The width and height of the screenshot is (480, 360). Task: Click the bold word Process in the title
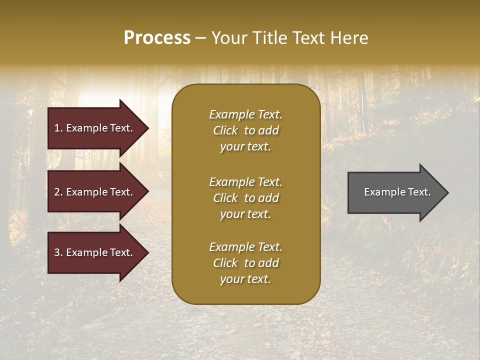pos(157,38)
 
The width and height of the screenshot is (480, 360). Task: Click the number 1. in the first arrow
pos(58,128)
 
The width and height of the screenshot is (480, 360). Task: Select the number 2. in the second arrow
pos(58,192)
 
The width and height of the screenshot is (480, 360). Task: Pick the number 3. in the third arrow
pos(58,253)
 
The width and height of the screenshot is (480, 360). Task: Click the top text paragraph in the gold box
pos(245,130)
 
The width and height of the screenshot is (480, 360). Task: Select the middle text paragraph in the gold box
pos(245,198)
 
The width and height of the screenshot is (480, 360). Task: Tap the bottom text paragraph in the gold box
pos(245,263)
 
